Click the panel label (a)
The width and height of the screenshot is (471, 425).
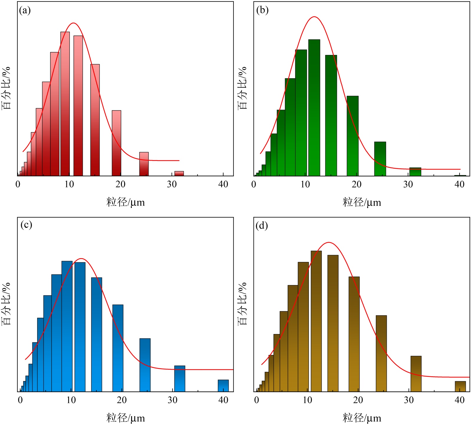(25, 11)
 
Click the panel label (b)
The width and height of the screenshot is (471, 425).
(262, 10)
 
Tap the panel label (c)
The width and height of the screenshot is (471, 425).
(26, 225)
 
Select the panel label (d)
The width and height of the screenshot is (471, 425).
(262, 226)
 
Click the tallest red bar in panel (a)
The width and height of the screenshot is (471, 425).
(65, 103)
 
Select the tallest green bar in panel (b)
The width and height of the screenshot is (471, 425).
(314, 108)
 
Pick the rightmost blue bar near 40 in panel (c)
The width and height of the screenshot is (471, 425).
(223, 386)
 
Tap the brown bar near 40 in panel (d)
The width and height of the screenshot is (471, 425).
(460, 386)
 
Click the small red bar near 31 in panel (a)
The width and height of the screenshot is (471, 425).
(179, 173)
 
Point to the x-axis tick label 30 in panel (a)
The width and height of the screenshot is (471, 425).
(172, 185)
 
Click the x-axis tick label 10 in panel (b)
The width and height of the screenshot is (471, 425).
(305, 185)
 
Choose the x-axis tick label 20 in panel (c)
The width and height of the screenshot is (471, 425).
(121, 400)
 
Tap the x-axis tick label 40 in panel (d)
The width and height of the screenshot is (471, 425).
(460, 400)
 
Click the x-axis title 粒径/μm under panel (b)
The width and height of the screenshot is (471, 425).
(362, 203)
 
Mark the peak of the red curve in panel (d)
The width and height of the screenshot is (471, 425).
(329, 242)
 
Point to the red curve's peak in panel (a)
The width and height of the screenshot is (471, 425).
(73, 23)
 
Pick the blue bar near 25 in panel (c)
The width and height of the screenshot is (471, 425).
(145, 365)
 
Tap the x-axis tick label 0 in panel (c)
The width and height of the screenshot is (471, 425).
(20, 400)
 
